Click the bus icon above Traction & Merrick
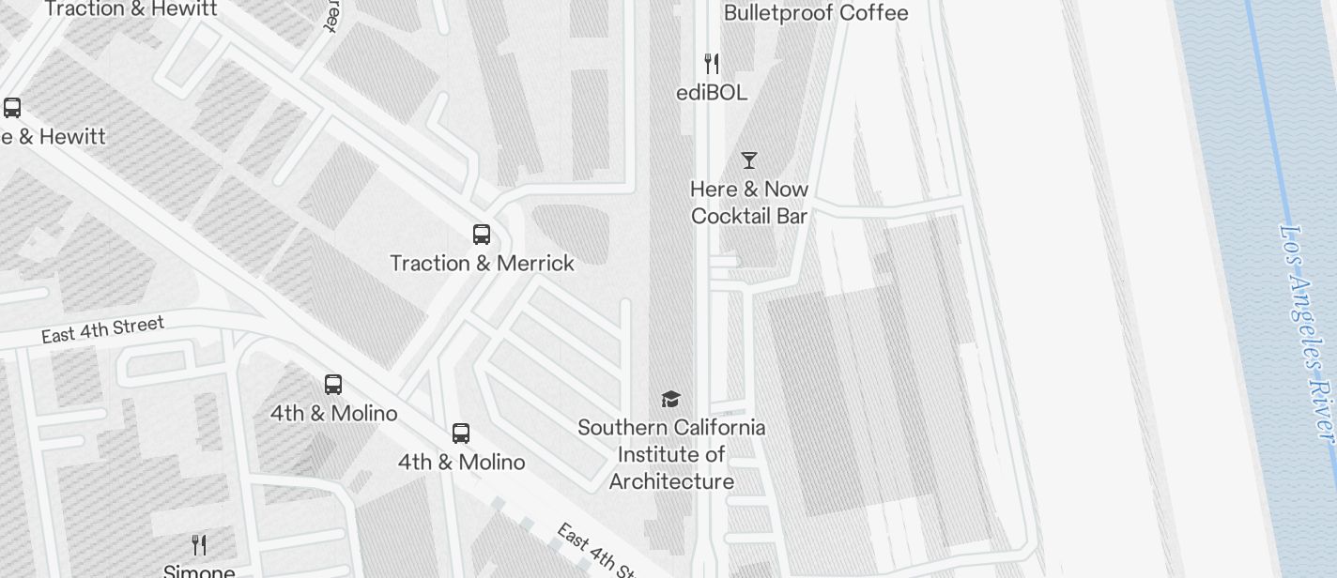click(x=482, y=235)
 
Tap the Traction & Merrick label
click(x=482, y=264)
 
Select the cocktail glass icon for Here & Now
click(x=749, y=160)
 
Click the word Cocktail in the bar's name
click(x=728, y=216)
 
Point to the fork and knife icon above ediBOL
click(x=712, y=64)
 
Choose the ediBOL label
click(x=712, y=93)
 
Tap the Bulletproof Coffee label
click(x=816, y=13)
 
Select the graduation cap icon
click(x=670, y=400)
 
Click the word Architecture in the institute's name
click(x=671, y=482)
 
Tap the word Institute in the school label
click(x=660, y=455)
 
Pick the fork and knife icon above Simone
click(x=199, y=544)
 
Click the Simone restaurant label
click(x=199, y=570)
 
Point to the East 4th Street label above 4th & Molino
click(x=103, y=330)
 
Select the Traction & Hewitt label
click(x=131, y=9)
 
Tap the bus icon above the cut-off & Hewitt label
click(x=12, y=108)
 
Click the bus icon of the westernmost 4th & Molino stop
click(x=333, y=385)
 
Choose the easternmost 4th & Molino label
click(x=461, y=463)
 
